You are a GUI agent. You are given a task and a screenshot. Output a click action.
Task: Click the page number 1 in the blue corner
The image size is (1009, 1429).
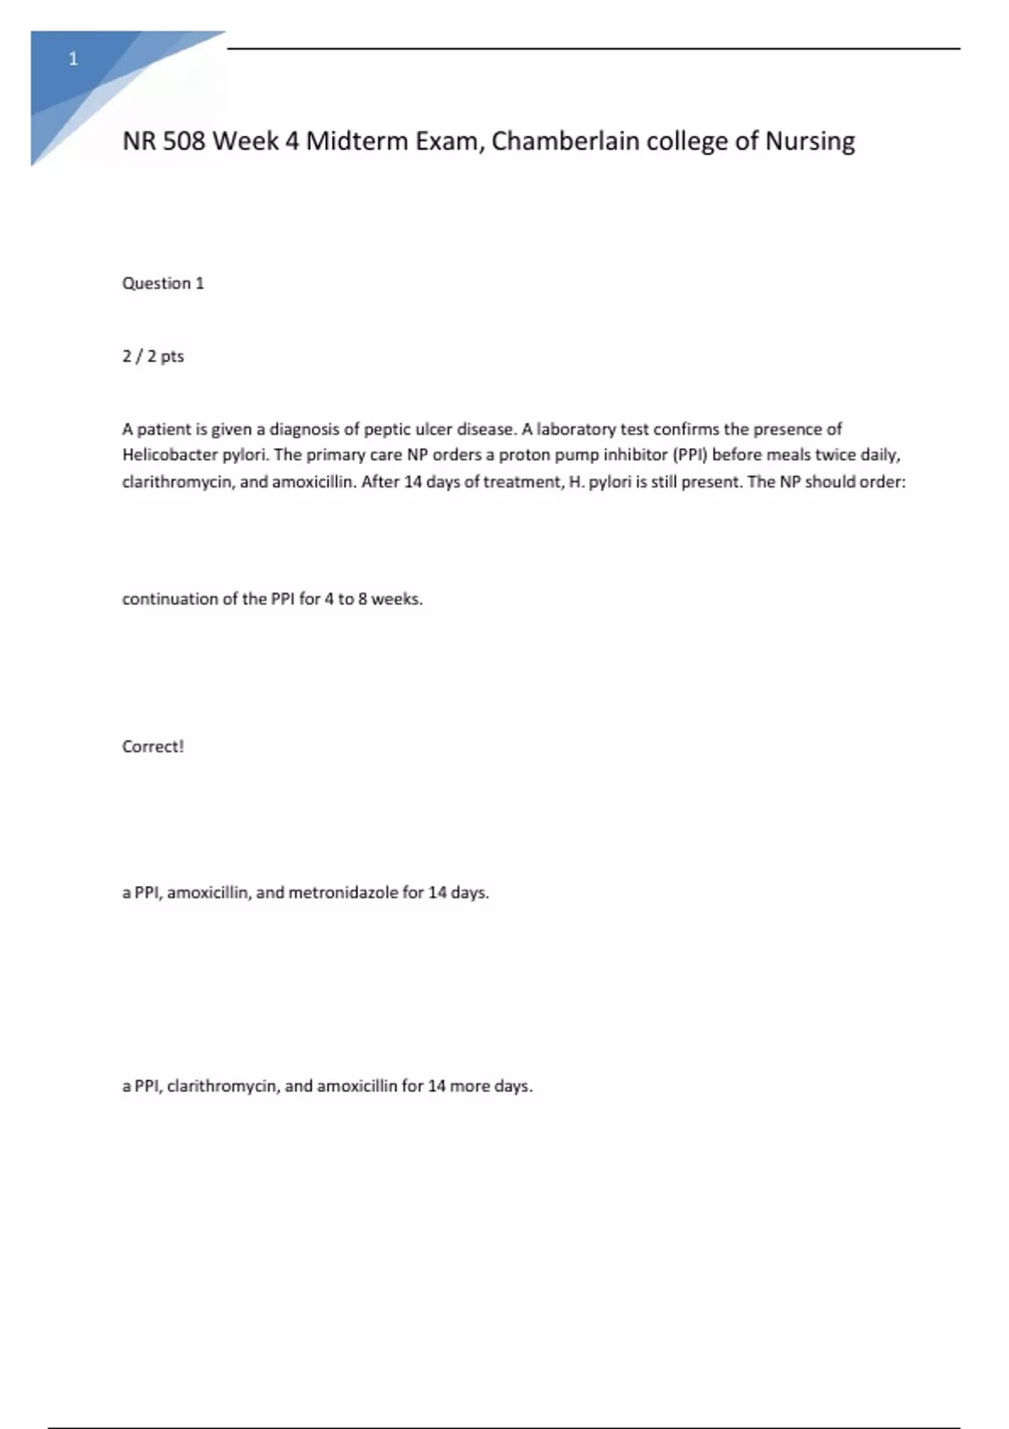pos(73,59)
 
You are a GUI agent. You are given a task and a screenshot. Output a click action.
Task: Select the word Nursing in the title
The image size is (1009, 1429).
pos(810,140)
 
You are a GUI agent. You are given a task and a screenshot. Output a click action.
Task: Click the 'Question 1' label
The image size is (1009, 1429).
pos(163,283)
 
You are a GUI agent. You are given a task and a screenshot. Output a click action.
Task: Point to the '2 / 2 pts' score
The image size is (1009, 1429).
pos(153,356)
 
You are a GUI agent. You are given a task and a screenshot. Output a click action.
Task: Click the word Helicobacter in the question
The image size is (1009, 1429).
pos(170,455)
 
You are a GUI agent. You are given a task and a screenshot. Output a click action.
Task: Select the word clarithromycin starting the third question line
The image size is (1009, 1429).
pos(177,482)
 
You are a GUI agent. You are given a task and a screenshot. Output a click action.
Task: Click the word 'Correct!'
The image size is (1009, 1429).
pos(152,746)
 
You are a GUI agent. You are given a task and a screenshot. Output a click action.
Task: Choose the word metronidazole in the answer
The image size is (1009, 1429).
pos(343,893)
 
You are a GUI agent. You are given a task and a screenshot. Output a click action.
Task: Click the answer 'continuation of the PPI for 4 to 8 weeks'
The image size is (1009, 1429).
pos(272,599)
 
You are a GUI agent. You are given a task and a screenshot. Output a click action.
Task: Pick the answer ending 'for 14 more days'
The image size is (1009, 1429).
pos(327,1086)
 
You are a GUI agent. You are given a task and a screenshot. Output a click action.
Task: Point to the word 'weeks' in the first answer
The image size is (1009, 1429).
pos(397,599)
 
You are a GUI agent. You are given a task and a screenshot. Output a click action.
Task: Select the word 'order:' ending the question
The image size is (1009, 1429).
pos(882,482)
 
